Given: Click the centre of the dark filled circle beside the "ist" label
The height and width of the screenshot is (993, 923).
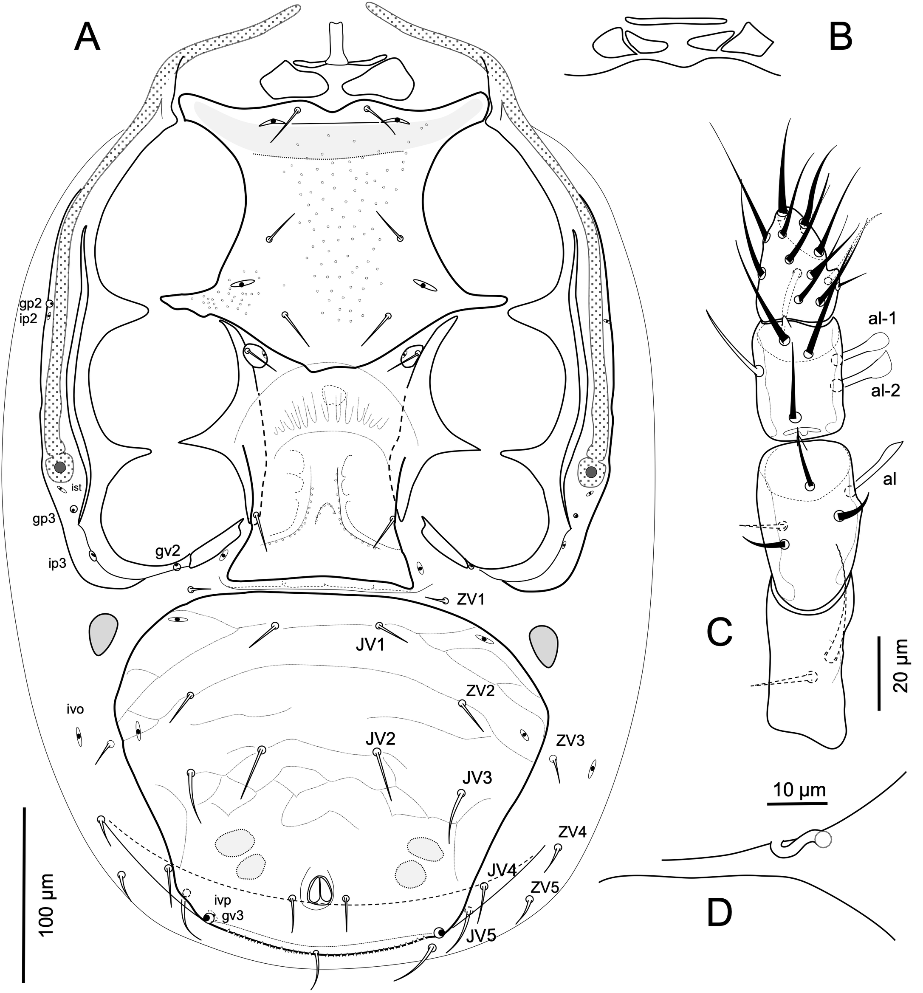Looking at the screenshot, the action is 60,467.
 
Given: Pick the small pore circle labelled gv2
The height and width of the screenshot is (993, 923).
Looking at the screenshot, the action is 177,567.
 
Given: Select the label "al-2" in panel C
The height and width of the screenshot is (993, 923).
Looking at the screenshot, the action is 884,391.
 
